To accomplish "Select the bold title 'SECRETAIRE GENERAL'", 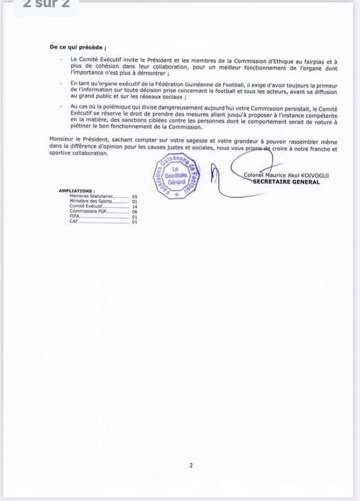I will pyautogui.click(x=286, y=182).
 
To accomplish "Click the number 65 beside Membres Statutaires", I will pyautogui.click(x=135, y=196).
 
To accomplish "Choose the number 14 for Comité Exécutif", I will pyautogui.click(x=135, y=205).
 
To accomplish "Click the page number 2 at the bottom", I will pyautogui.click(x=191, y=466).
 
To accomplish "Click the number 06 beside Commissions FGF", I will pyautogui.click(x=135, y=210).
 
